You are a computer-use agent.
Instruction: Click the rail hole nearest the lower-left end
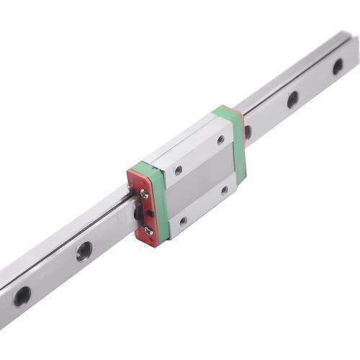22,294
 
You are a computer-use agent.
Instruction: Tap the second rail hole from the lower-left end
84,251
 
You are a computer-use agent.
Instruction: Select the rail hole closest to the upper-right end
338,66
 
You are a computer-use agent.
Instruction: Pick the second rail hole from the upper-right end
292,99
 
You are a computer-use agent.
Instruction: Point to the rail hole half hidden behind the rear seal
248,132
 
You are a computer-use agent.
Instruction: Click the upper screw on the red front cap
145,193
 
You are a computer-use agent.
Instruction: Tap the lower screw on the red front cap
148,230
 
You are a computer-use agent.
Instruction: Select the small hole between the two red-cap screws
149,213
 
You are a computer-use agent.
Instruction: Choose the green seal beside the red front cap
160,202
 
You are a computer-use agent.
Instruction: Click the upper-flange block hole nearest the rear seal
220,140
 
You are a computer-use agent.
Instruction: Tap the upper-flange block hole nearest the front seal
178,171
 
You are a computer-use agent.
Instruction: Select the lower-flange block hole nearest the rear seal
225,190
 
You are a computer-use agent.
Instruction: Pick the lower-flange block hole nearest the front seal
183,220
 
